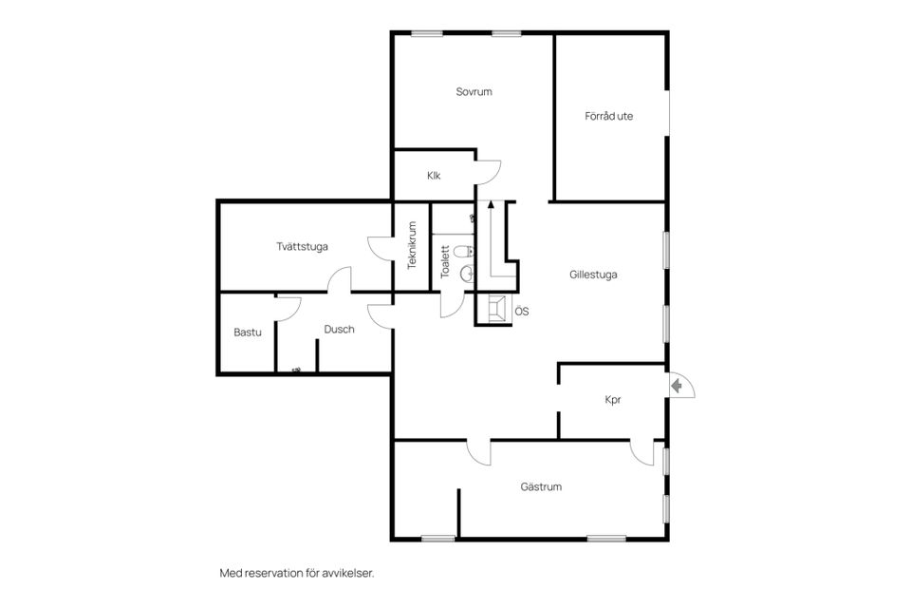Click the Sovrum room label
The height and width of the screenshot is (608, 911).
[x=474, y=91]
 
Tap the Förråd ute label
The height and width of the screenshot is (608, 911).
[x=608, y=116]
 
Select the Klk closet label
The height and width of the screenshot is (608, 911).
[x=434, y=175]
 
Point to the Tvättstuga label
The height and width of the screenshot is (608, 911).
[x=302, y=246]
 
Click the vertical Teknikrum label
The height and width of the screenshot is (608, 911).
[x=413, y=245]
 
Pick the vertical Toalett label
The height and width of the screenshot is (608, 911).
[x=446, y=261]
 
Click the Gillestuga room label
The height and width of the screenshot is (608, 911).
[x=592, y=275]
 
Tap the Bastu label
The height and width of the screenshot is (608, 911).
[x=248, y=332]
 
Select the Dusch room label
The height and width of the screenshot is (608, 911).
[x=339, y=330]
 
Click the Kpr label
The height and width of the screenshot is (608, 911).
[x=612, y=400]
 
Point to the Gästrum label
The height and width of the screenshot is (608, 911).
[x=541, y=486]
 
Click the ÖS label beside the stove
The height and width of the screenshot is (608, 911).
[x=522, y=312]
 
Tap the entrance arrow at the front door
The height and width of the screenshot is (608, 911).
[x=677, y=385]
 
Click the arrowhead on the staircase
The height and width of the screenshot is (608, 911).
[x=492, y=203]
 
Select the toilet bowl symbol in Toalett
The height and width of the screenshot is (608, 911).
[x=465, y=252]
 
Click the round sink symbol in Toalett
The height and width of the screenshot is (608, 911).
[x=466, y=273]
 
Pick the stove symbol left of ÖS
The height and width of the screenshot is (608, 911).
[x=497, y=308]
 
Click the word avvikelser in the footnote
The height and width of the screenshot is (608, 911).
[x=352, y=573]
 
